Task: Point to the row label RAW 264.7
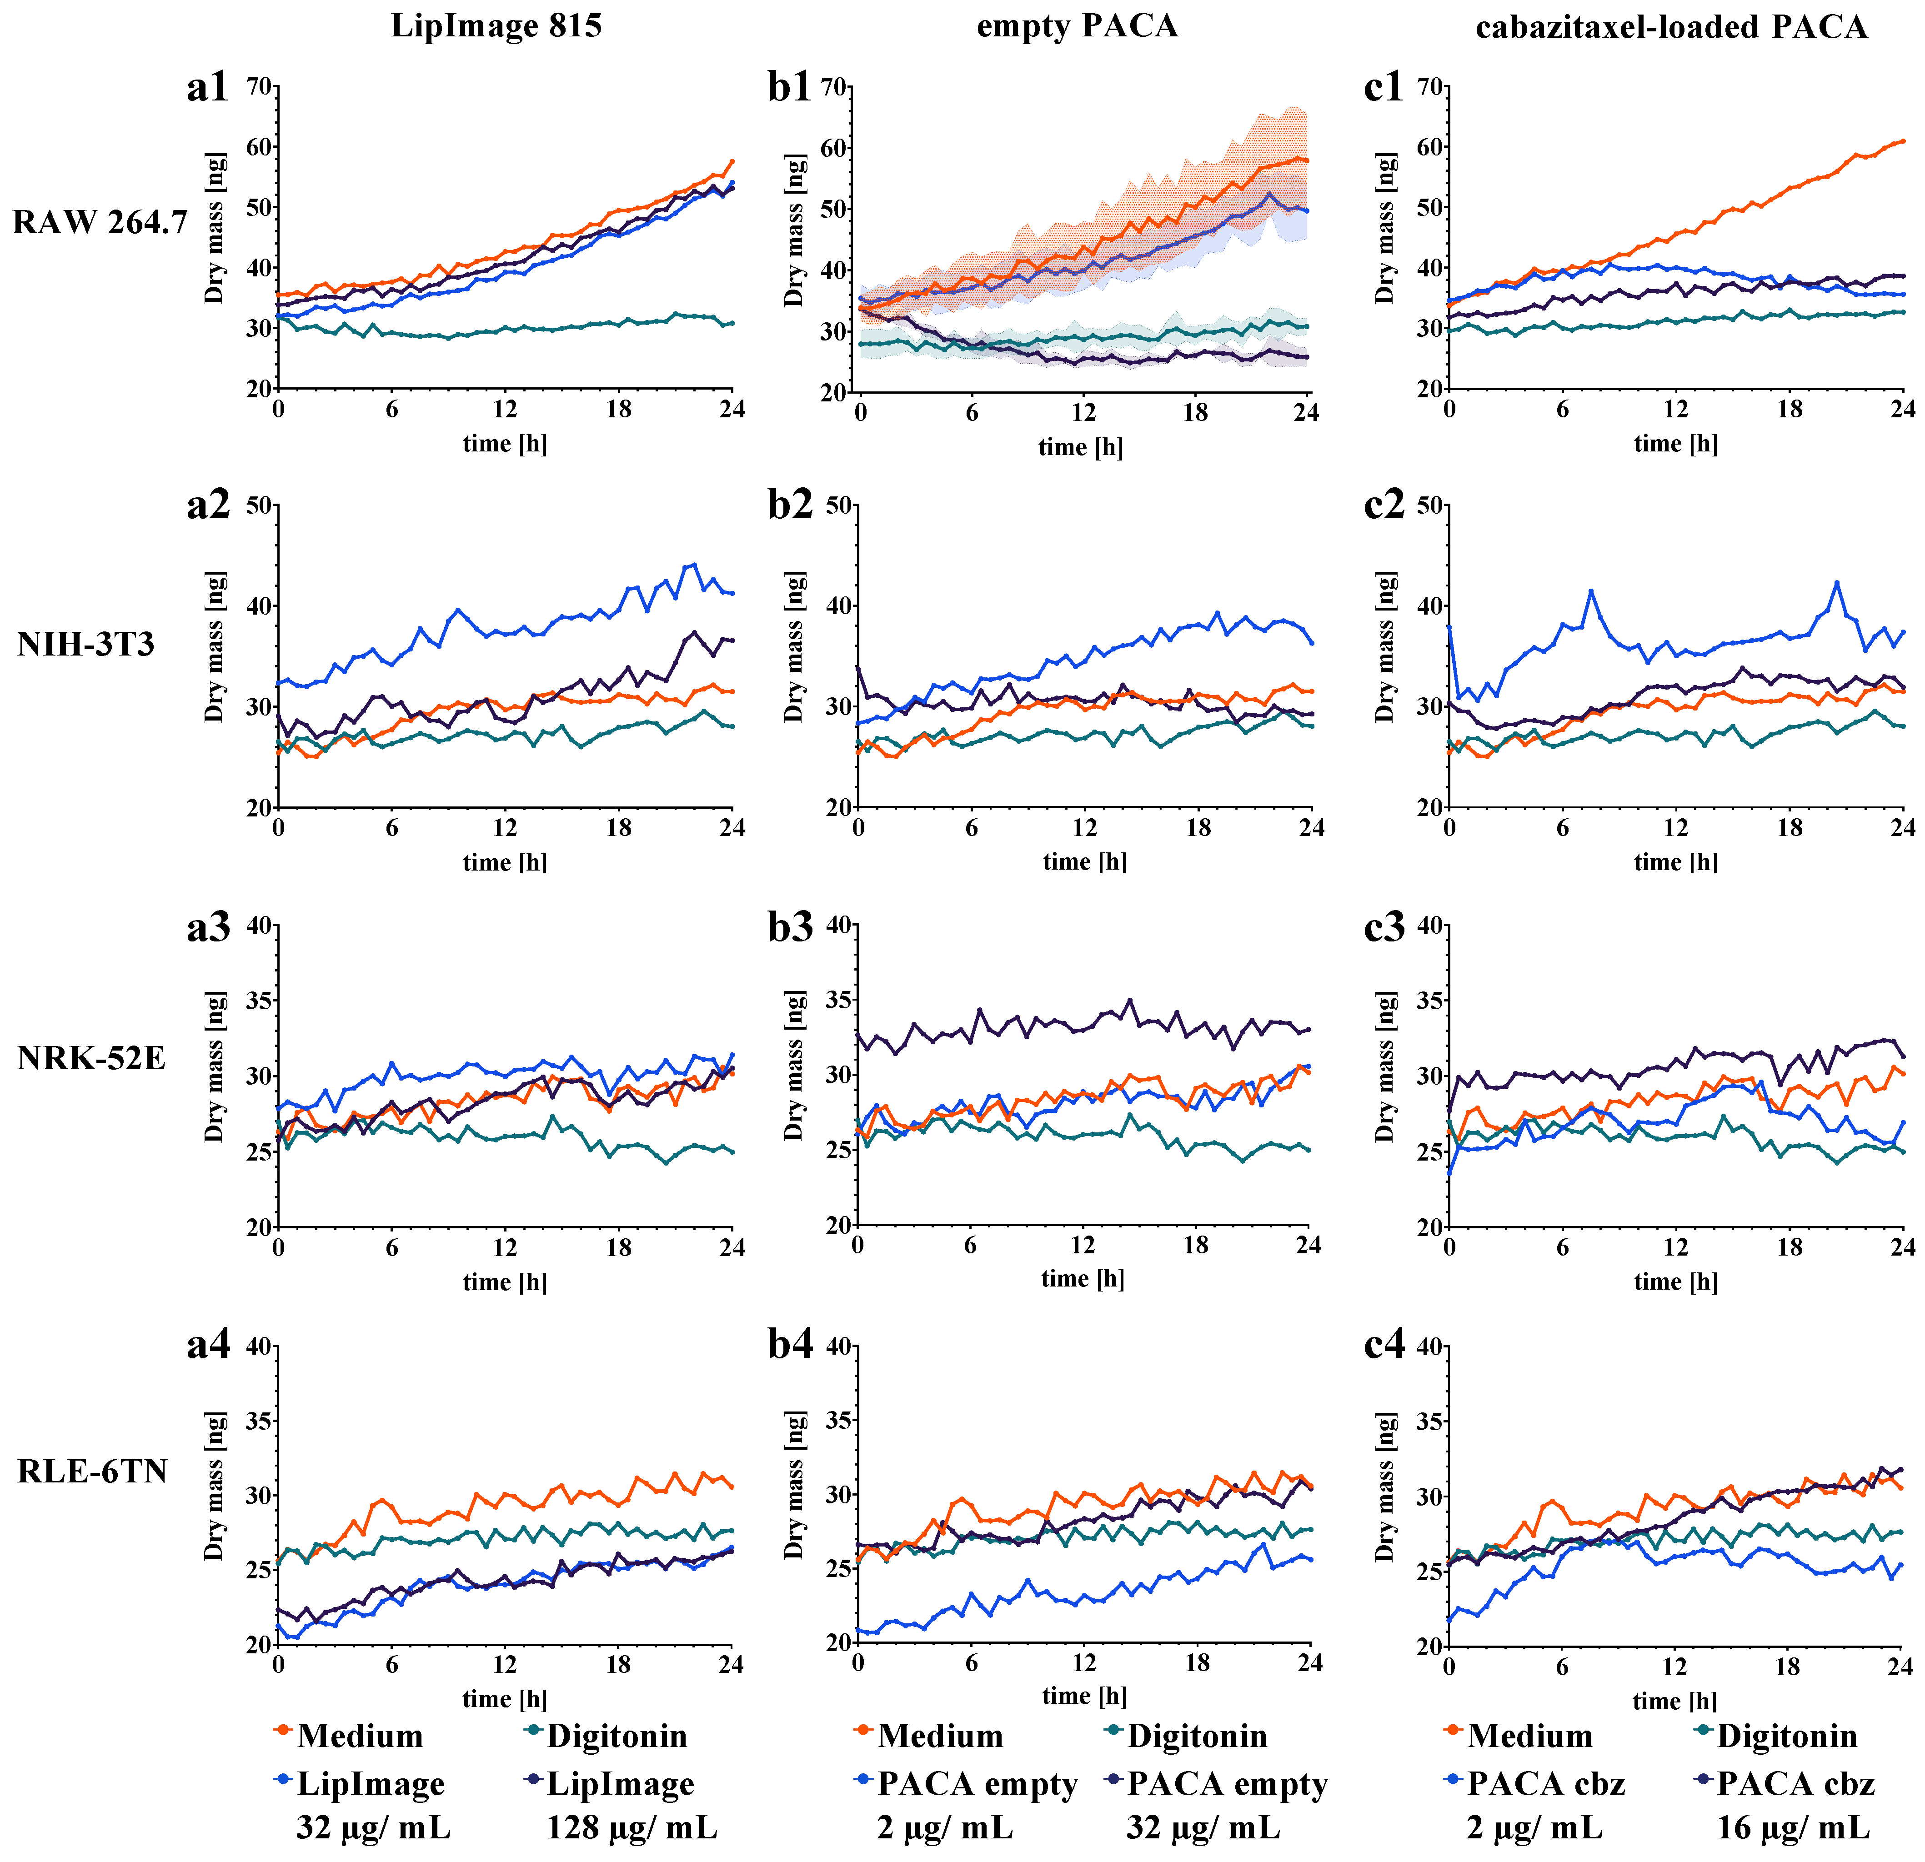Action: [99, 223]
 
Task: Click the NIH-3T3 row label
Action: [86, 644]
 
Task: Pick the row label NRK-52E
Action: [91, 1059]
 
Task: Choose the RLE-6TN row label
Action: [92, 1471]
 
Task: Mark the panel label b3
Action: [790, 926]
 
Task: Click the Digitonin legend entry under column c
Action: [1786, 1736]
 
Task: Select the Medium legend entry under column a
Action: [360, 1736]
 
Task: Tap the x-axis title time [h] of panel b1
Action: [1080, 448]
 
